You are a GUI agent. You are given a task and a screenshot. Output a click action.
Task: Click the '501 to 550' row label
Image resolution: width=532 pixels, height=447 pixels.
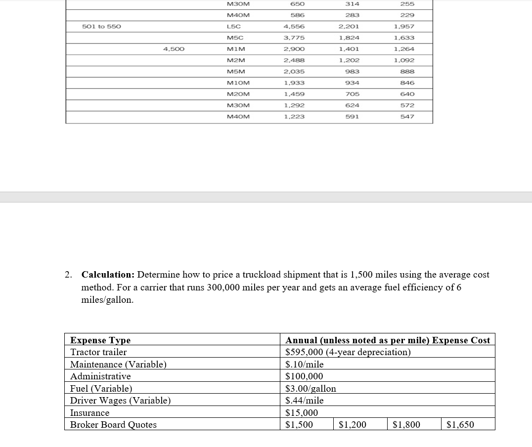(x=101, y=26)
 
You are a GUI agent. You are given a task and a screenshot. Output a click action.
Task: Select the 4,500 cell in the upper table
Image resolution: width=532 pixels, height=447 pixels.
(x=174, y=49)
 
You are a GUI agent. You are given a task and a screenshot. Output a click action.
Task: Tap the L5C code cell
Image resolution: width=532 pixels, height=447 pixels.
(x=233, y=26)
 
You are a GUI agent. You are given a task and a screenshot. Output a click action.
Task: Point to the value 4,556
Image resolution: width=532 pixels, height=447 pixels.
(x=294, y=26)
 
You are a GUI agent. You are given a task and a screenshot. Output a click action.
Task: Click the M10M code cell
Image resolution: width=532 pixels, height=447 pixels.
(x=238, y=83)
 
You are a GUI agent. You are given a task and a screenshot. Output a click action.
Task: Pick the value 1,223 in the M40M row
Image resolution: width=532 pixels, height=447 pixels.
(x=294, y=117)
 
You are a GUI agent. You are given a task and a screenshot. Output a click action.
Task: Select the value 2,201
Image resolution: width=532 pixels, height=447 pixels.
(x=349, y=26)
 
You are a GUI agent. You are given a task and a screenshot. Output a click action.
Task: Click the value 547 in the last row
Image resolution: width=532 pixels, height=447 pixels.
(x=407, y=117)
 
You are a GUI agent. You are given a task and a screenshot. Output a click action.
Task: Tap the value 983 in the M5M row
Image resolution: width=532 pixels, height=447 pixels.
(x=352, y=72)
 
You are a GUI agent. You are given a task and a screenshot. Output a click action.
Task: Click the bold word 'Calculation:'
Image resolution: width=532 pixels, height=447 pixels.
(x=108, y=275)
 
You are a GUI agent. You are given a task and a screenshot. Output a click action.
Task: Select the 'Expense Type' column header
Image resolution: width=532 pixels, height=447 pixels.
(x=100, y=340)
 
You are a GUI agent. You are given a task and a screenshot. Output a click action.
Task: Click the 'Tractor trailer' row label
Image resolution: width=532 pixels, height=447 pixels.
(x=98, y=352)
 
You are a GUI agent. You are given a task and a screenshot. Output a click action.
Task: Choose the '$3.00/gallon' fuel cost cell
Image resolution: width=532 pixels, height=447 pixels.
(x=311, y=389)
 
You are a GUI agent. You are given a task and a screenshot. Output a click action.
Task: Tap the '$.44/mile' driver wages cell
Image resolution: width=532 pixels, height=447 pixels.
(x=305, y=401)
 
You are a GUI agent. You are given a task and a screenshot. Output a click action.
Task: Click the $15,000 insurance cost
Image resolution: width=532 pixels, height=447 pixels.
(x=302, y=413)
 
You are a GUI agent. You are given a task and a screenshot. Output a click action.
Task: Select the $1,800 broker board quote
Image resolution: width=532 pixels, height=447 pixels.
(x=406, y=425)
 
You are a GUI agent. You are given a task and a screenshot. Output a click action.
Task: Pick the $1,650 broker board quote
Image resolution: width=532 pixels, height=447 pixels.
(x=460, y=425)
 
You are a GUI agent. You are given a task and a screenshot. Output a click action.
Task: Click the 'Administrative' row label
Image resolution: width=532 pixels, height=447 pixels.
(x=100, y=376)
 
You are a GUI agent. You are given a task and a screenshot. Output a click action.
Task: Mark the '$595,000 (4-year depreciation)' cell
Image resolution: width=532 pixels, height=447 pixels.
(x=348, y=352)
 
